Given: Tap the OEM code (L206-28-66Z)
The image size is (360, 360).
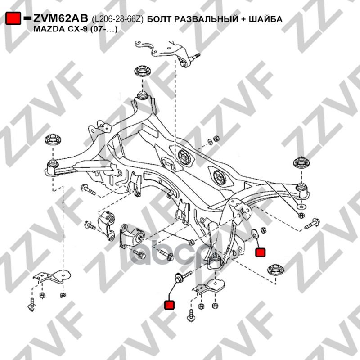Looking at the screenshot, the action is [118, 19].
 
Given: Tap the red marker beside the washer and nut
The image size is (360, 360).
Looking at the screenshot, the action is [260, 252].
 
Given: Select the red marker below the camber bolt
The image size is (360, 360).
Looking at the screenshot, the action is [169, 305].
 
